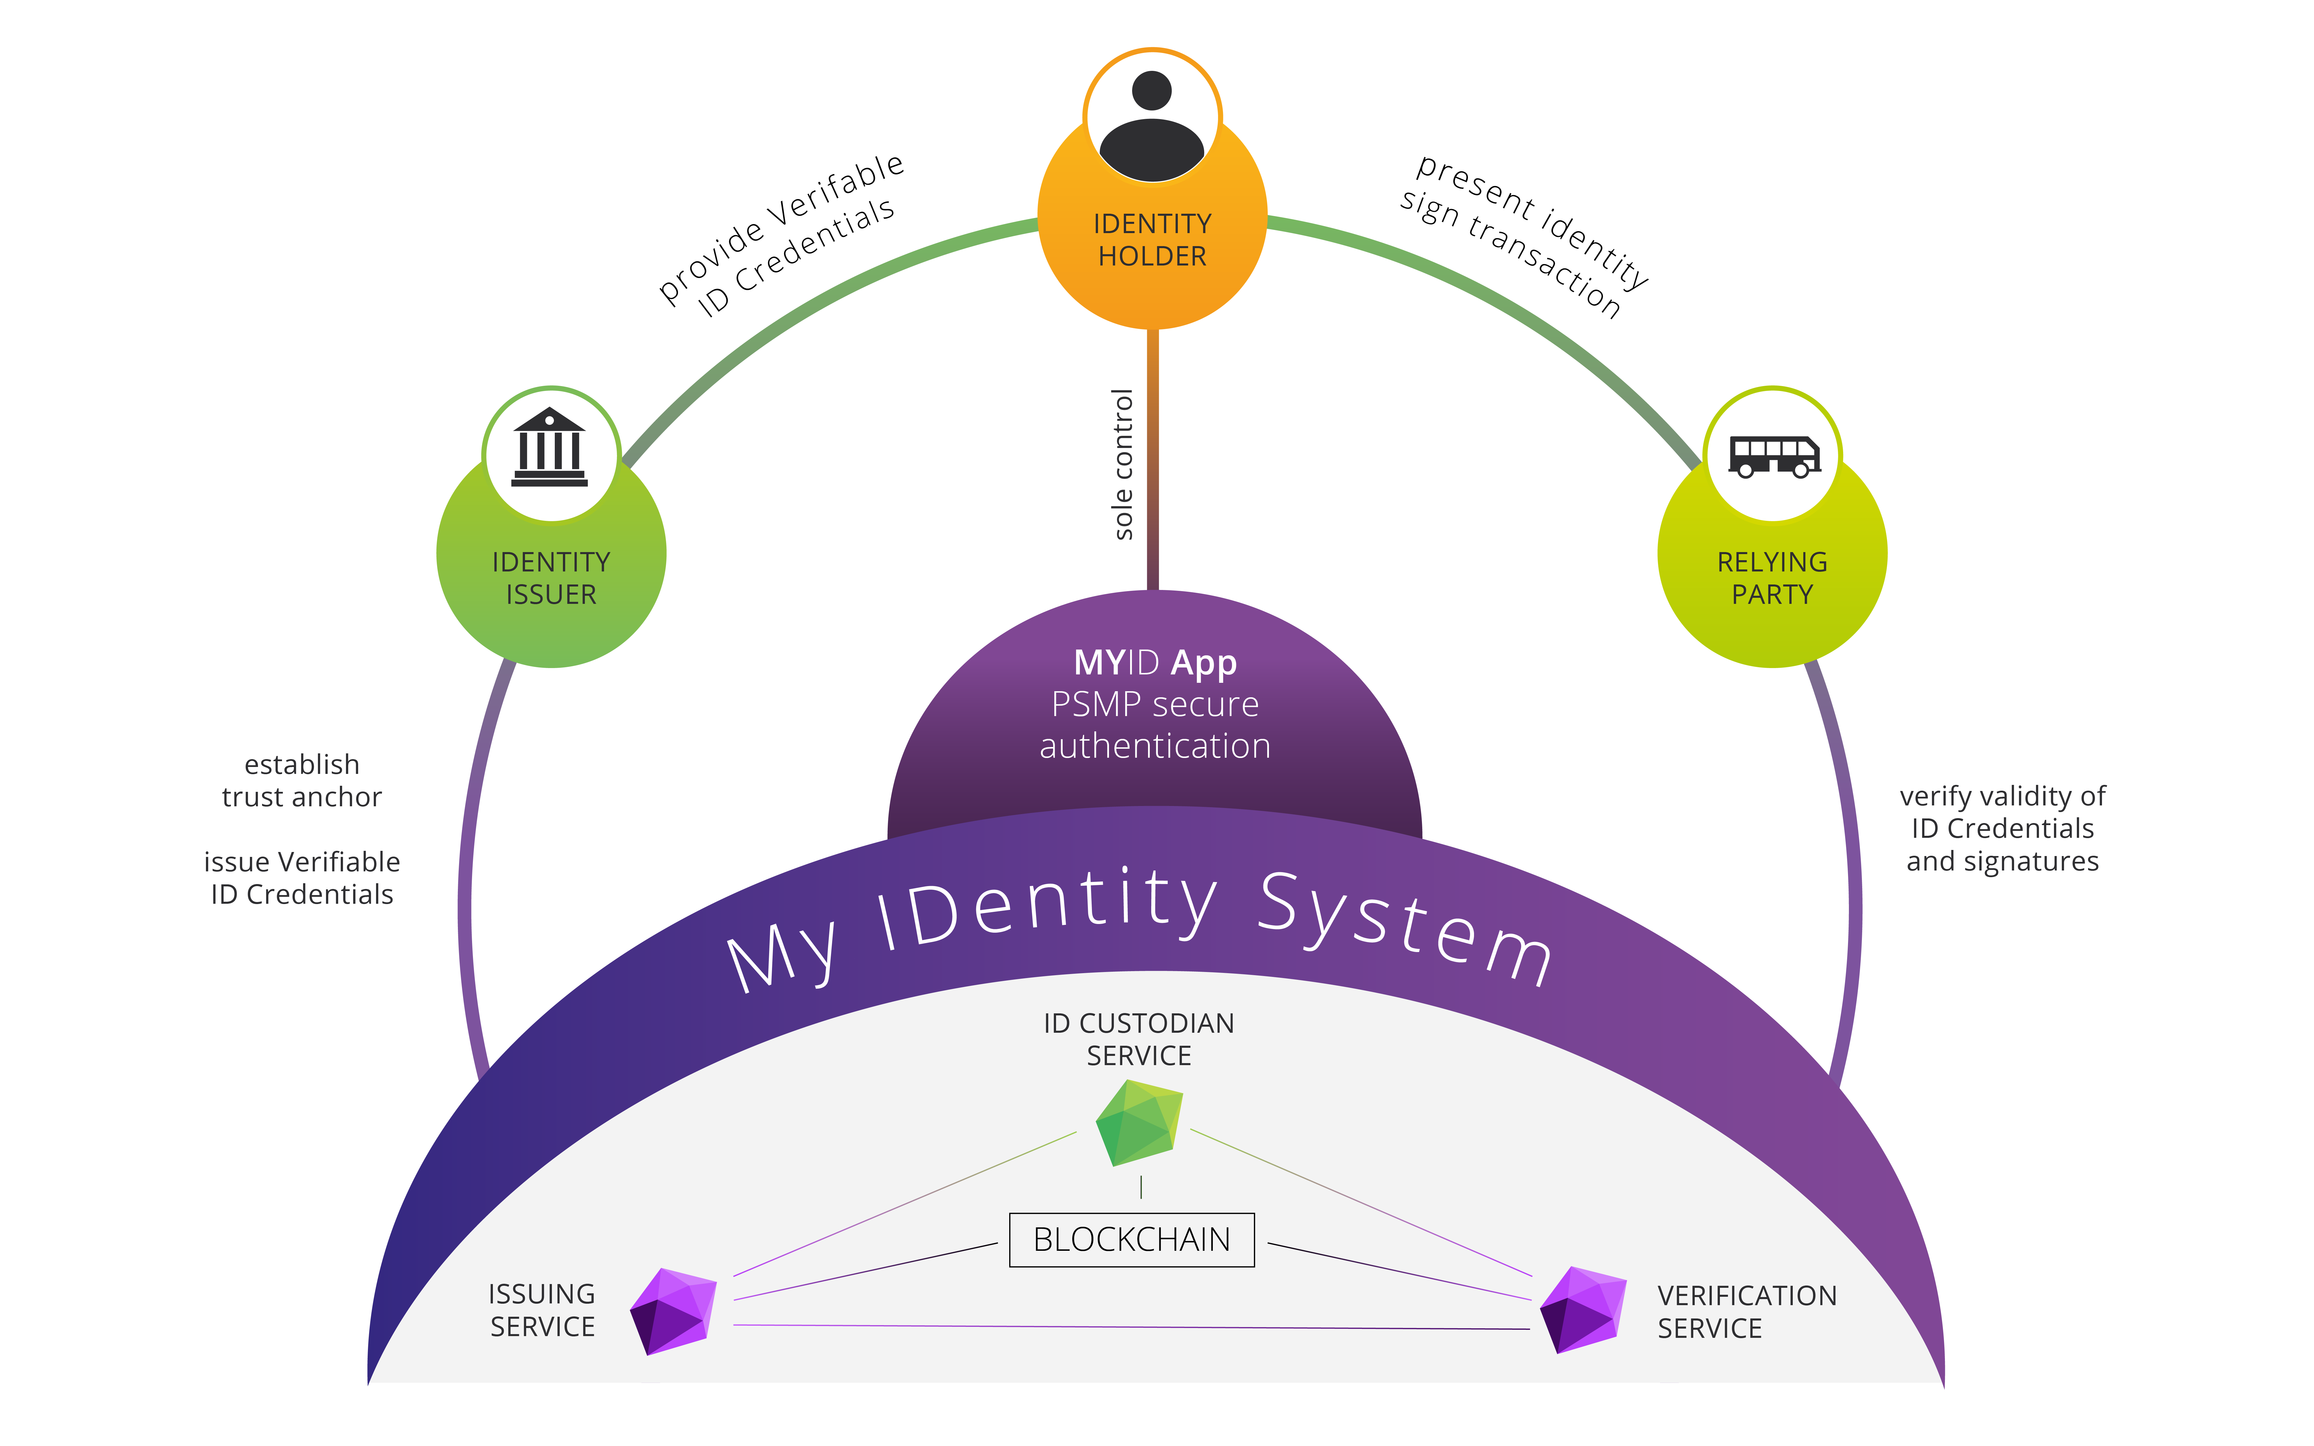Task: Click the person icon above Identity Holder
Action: [1151, 124]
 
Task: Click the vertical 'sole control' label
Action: [1123, 464]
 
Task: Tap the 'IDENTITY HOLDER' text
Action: [1152, 240]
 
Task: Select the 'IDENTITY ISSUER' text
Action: [551, 578]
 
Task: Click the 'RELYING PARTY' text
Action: [1772, 578]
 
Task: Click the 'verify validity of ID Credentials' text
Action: [2002, 828]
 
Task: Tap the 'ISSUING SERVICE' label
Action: [542, 1310]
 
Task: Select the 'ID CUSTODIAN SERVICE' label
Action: [1139, 1040]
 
